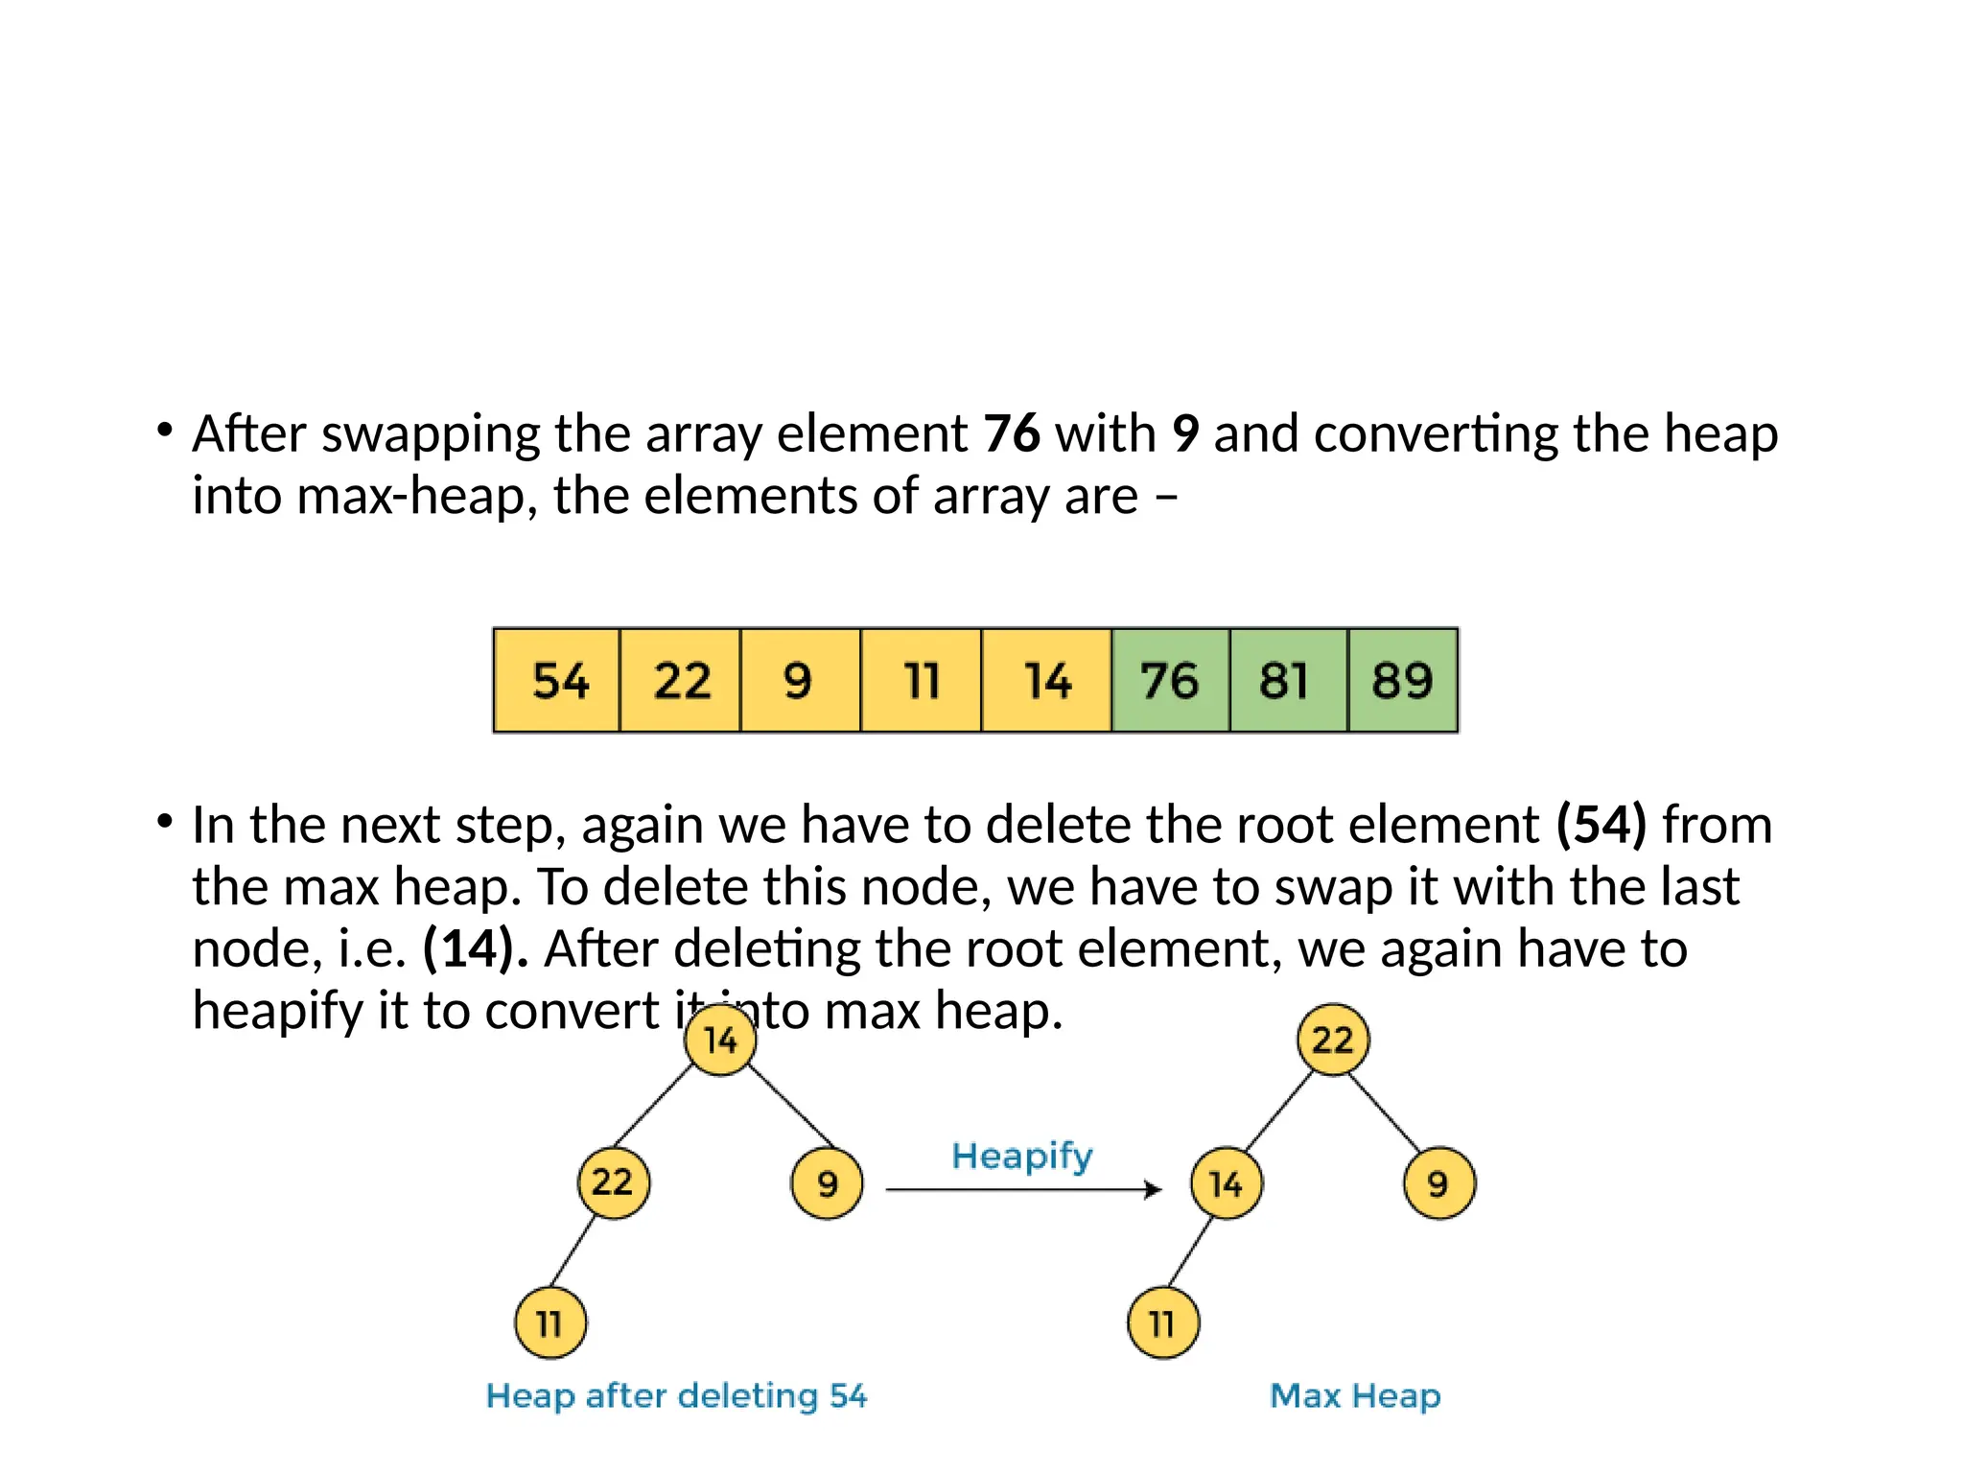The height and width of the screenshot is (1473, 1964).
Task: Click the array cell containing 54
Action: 557,681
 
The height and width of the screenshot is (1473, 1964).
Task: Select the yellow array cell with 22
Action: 681,681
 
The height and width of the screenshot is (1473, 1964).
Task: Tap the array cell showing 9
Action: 800,681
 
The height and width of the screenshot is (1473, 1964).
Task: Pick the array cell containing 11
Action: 921,681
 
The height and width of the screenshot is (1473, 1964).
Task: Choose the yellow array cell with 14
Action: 1046,681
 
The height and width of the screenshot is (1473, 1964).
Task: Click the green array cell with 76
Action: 1170,681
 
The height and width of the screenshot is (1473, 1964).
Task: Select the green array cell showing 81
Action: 1288,681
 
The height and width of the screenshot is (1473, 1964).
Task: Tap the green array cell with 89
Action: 1403,681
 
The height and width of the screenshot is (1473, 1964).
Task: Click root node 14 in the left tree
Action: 721,1040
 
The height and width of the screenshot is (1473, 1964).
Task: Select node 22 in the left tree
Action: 614,1182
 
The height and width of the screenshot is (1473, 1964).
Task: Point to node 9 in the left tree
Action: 827,1183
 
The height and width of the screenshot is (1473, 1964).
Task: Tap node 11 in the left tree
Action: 550,1323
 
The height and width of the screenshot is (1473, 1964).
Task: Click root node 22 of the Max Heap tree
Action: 1333,1040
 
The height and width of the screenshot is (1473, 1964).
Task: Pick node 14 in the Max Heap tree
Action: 1227,1183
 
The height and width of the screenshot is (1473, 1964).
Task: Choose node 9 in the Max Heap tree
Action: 1438,1183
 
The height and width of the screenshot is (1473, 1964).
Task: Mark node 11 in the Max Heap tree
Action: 1162,1323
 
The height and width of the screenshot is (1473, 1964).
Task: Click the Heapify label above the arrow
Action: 1022,1157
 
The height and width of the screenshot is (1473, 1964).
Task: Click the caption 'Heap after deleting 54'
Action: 677,1395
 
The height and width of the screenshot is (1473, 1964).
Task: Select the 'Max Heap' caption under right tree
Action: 1355,1395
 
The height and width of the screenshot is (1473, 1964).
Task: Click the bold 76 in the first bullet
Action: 1012,433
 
